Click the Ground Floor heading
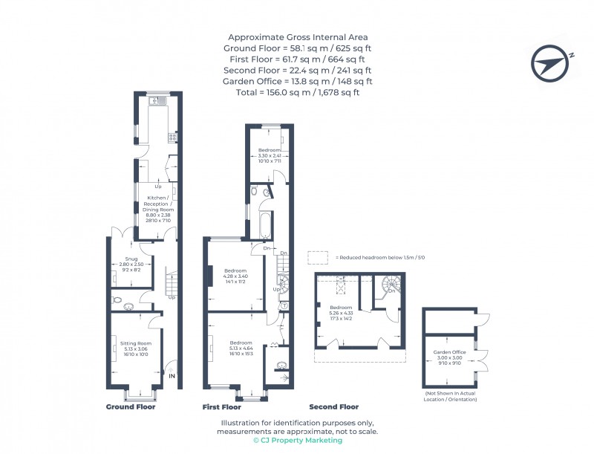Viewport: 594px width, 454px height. point(131,407)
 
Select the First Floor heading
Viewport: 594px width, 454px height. point(222,407)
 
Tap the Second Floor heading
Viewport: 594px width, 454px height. point(333,407)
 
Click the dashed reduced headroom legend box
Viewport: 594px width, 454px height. point(318,257)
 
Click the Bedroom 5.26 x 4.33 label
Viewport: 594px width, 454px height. point(342,312)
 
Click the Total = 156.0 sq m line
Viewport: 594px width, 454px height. point(297,92)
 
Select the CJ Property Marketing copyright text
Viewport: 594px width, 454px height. point(297,441)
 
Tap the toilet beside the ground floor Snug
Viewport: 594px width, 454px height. point(128,304)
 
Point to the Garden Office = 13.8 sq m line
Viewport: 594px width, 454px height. point(297,81)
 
